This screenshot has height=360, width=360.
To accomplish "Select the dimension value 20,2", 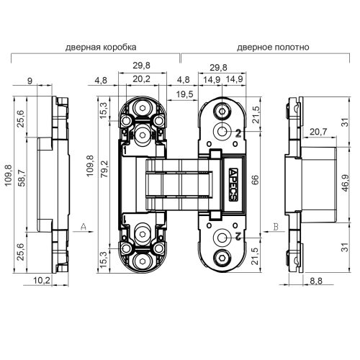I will pos(142,80).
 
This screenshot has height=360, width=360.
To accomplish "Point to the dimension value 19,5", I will pos(184,94).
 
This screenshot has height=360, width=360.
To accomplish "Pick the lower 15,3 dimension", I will pos(103,257).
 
